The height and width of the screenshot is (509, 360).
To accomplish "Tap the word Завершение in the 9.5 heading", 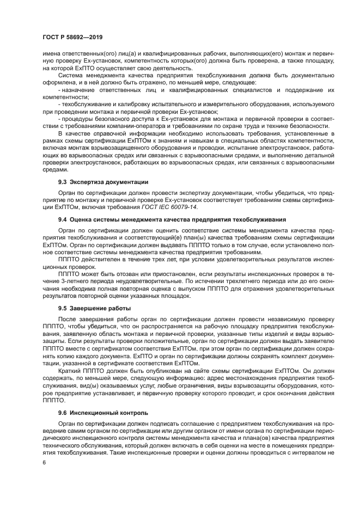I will [x=93, y=308].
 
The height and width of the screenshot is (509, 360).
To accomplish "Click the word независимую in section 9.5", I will [x=272, y=319].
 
